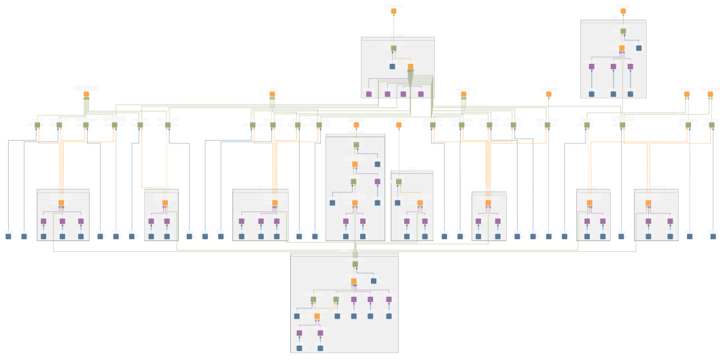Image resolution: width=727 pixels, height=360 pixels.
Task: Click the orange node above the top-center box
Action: [x=393, y=11]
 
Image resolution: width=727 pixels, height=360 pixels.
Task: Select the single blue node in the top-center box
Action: [x=392, y=67]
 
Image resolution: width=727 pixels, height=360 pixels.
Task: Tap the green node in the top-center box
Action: [x=393, y=48]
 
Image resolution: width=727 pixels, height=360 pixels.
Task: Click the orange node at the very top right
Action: [x=623, y=11]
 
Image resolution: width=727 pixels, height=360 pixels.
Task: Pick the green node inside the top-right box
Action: [x=623, y=31]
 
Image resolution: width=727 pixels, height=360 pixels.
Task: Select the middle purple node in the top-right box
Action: [x=613, y=67]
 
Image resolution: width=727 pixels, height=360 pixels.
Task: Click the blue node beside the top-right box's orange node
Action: [x=639, y=48]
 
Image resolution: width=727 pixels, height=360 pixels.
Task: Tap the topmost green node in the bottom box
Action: [x=355, y=264]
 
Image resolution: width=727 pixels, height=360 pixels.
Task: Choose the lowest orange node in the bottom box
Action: [x=317, y=317]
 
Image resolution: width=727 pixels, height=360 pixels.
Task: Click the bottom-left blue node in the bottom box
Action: [x=299, y=348]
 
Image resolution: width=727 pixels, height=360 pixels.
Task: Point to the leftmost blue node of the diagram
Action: [x=8, y=236]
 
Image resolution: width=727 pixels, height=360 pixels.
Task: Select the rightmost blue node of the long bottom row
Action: [x=713, y=236]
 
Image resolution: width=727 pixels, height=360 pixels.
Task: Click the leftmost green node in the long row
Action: [x=37, y=125]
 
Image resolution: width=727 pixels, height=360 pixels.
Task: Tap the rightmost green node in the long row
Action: [x=711, y=125]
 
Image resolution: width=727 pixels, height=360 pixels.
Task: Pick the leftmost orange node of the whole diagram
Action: [x=86, y=94]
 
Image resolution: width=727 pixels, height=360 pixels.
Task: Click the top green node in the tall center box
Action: [x=356, y=145]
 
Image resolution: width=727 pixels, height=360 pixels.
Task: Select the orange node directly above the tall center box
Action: [x=356, y=125]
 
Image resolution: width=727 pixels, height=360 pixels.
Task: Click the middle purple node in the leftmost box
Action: [x=62, y=221]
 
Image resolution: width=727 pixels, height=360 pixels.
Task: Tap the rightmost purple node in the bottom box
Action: [x=389, y=300]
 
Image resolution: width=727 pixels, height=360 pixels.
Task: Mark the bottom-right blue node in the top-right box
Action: [x=630, y=94]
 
